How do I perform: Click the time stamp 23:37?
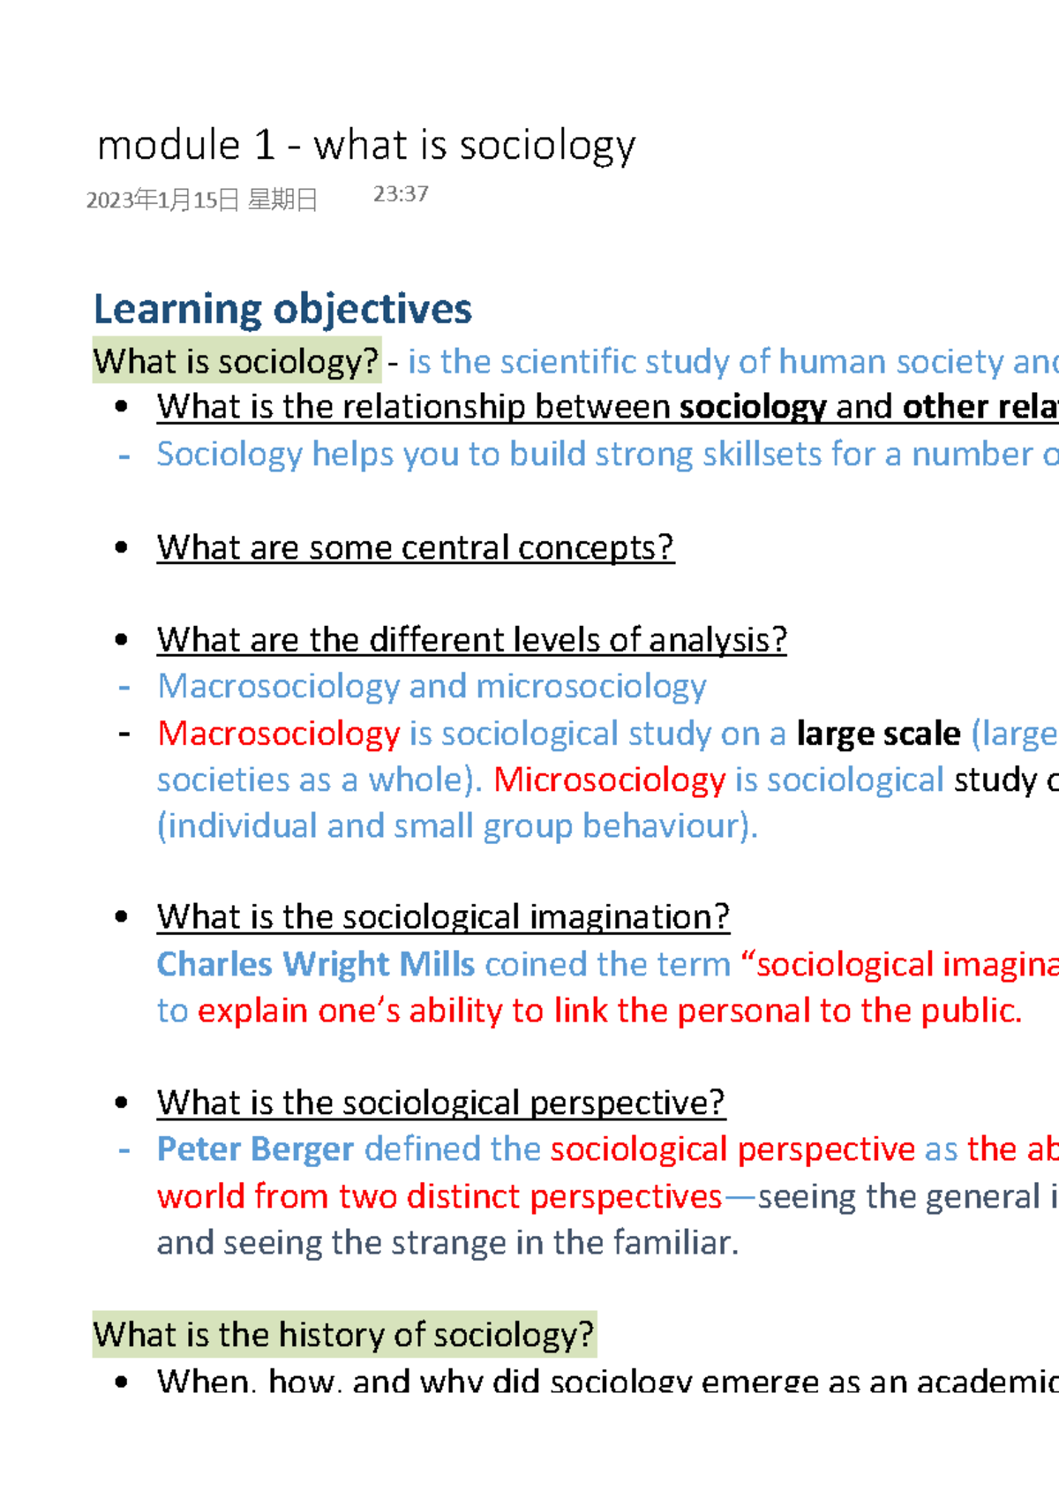[401, 194]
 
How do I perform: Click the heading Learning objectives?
[282, 309]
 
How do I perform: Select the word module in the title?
[169, 146]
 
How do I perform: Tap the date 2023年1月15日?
[163, 200]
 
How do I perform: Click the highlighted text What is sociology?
[237, 361]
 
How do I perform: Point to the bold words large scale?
[878, 734]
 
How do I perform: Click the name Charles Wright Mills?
[316, 964]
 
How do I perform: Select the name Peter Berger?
[255, 1149]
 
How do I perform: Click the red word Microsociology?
[610, 780]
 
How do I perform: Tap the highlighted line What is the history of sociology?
[344, 1334]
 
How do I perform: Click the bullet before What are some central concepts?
[122, 547]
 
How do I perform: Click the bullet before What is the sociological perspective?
[122, 1103]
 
